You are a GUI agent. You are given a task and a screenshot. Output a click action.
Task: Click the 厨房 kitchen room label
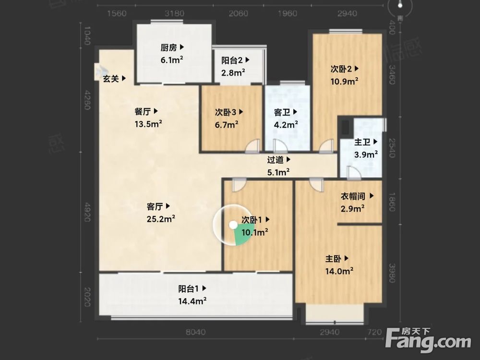pyautogui.click(x=168, y=48)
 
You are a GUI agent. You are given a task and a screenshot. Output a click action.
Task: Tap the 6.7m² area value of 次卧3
pyautogui.click(x=227, y=125)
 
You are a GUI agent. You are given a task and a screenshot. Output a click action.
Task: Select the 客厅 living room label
pyautogui.click(x=155, y=206)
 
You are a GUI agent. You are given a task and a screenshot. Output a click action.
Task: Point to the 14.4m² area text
pyautogui.click(x=192, y=301)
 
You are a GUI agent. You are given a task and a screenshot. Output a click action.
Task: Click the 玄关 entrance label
pyautogui.click(x=110, y=79)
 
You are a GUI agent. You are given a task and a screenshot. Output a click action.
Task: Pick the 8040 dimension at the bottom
pyautogui.click(x=196, y=332)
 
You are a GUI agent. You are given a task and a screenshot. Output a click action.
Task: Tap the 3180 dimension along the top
pyautogui.click(x=174, y=13)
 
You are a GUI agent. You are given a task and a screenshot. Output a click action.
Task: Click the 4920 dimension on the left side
pyautogui.click(x=87, y=212)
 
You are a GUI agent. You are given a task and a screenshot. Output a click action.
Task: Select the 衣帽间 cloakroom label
pyautogui.click(x=353, y=196)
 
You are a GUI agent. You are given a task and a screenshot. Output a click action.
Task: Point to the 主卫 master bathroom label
pyautogui.click(x=362, y=142)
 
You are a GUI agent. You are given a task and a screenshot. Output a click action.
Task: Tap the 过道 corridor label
pyautogui.click(x=275, y=159)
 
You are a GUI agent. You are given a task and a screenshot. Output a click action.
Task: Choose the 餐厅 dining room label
pyautogui.click(x=143, y=111)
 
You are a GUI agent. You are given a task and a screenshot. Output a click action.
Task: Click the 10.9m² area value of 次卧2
pyautogui.click(x=344, y=82)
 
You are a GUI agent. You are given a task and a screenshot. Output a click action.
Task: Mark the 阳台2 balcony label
pyautogui.click(x=232, y=60)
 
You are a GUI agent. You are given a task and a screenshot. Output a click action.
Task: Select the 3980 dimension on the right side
pyautogui.click(x=392, y=273)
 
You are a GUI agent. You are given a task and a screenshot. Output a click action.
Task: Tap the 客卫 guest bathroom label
pyautogui.click(x=282, y=112)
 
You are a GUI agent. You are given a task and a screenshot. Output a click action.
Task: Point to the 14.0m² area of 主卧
pyautogui.click(x=339, y=271)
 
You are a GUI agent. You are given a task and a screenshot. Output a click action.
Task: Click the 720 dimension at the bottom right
pyautogui.click(x=374, y=332)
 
